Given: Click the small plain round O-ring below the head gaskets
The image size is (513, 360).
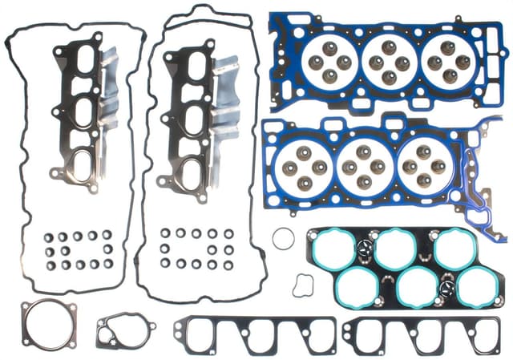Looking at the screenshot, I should [x=282, y=238].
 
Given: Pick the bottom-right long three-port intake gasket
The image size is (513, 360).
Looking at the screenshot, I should [x=422, y=336].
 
